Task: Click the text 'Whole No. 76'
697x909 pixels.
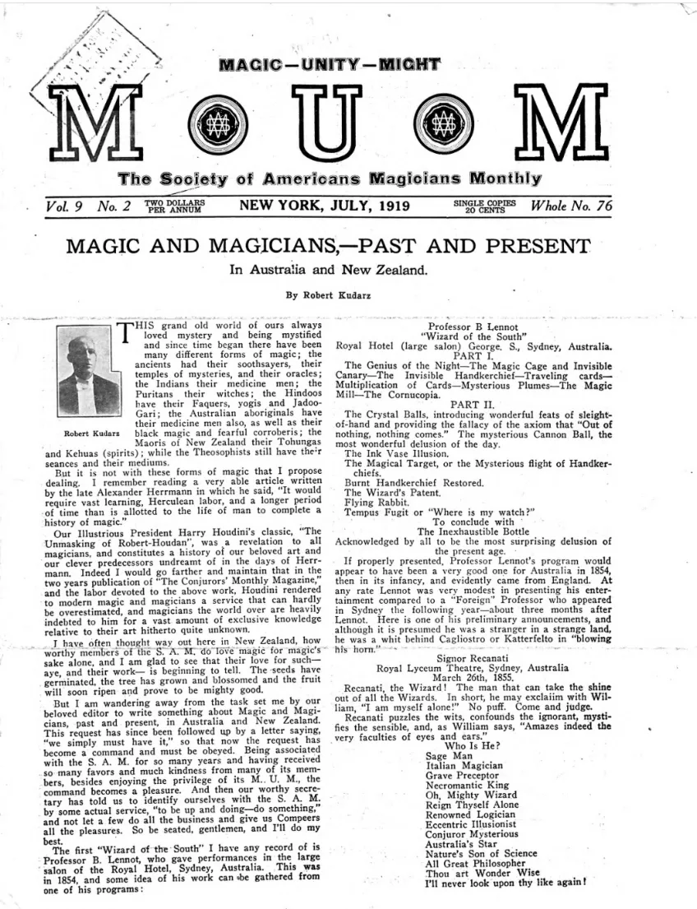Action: click(x=573, y=206)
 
